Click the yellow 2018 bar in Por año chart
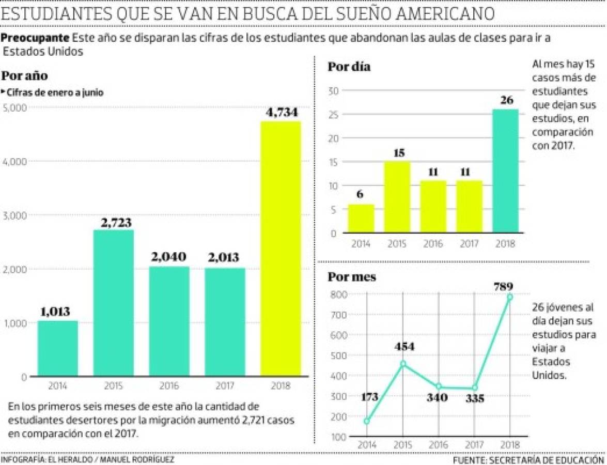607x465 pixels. coord(281,249)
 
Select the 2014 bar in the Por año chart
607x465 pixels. coord(57,349)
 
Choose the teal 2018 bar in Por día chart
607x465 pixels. coord(505,171)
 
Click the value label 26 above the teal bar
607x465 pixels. coord(506,100)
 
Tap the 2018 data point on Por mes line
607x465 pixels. coord(509,297)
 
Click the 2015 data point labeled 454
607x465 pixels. coord(403,364)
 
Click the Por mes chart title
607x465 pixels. coord(352,276)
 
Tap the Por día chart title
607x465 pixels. coord(349,67)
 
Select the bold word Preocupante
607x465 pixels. coord(35,38)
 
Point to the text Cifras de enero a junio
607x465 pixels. coord(54,93)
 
